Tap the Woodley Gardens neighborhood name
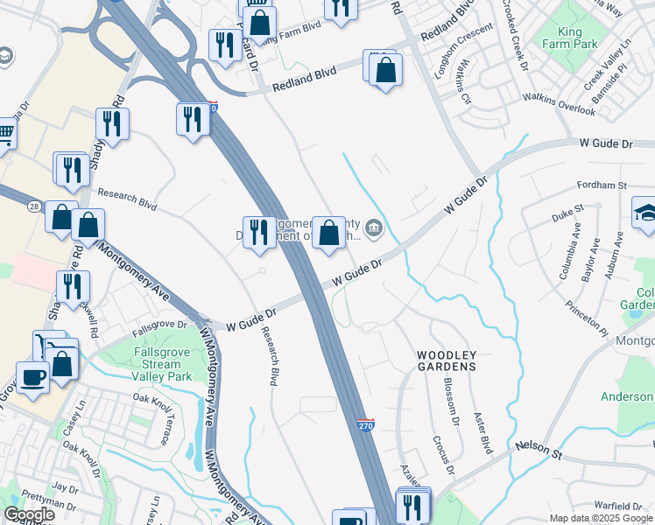[446, 360]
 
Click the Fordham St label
[602, 185]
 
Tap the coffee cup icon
[33, 378]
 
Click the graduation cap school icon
[646, 213]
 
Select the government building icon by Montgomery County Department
[374, 229]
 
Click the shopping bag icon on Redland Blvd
[385, 69]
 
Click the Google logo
[29, 514]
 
